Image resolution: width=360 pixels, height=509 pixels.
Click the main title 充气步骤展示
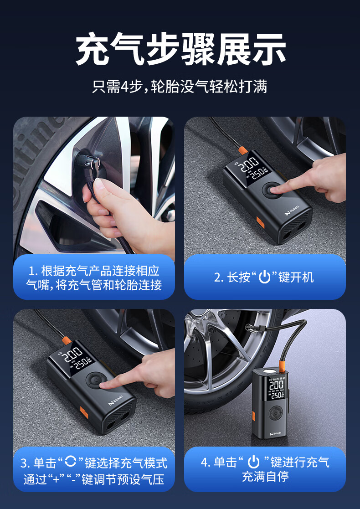pos(181,49)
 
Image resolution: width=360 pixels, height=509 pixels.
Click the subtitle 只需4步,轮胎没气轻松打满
pos(180,87)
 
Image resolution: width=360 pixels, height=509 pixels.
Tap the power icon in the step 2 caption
pos(265,278)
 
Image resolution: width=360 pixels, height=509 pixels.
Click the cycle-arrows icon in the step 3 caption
pos(71,462)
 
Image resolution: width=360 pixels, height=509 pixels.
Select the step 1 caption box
pos(94,277)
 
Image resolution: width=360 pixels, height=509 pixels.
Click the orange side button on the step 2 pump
pos(260,222)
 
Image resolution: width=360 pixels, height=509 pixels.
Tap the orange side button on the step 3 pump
pos(84,412)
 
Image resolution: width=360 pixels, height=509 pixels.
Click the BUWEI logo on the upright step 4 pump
pos(275,433)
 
